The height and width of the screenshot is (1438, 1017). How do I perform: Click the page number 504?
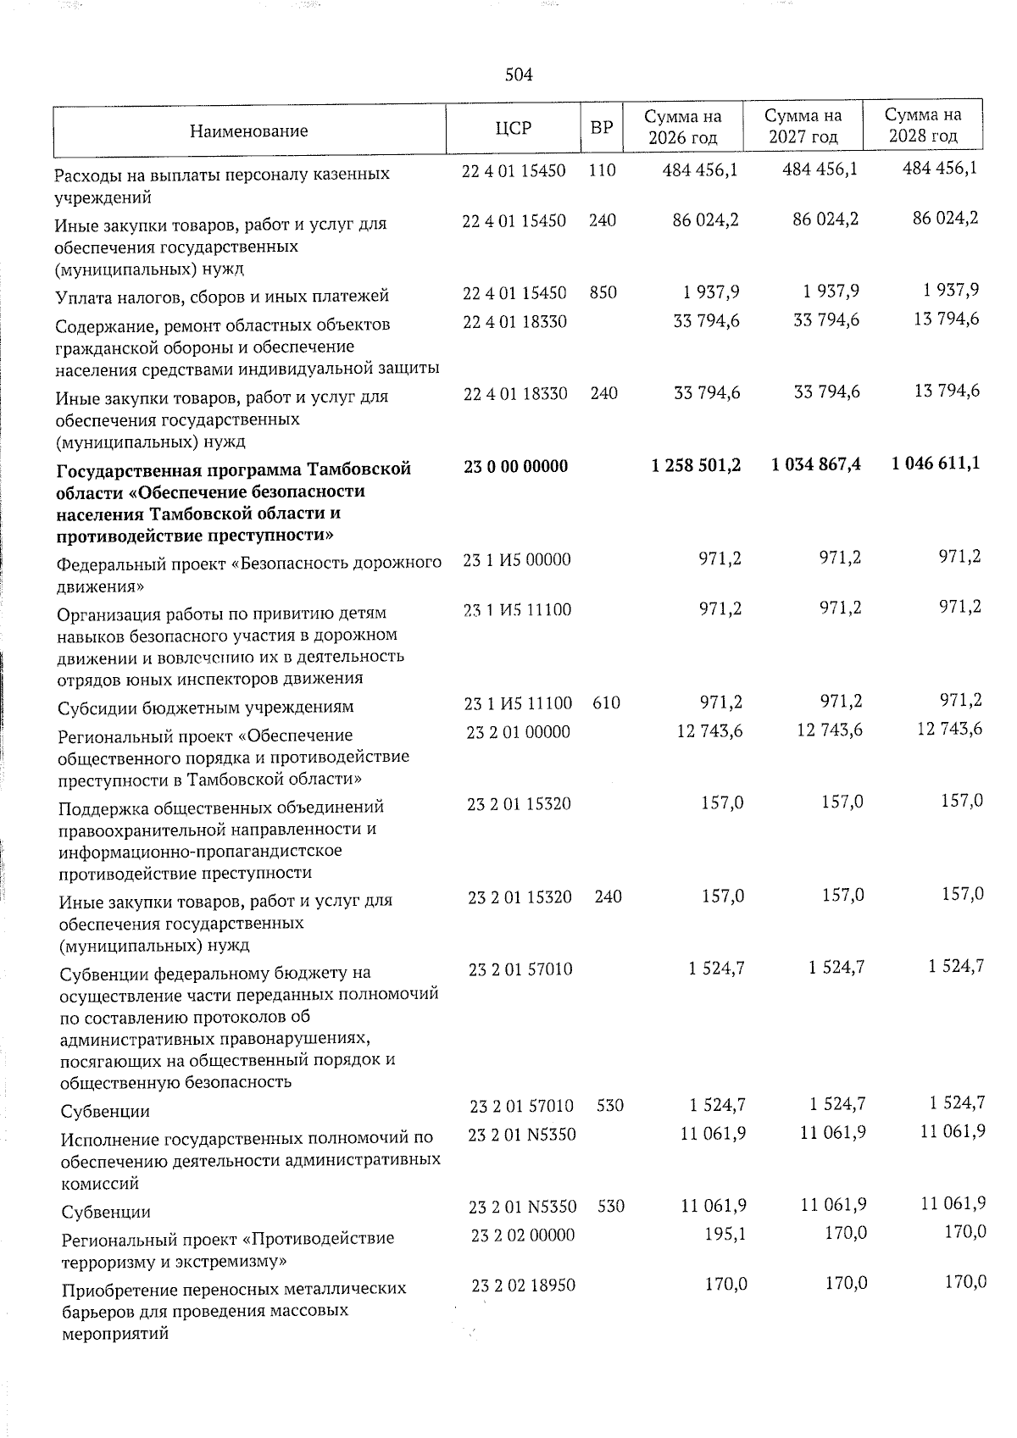tap(518, 75)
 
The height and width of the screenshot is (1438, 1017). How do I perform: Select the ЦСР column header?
tap(513, 128)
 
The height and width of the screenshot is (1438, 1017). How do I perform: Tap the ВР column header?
tap(601, 129)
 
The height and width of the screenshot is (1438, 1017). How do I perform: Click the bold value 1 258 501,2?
tap(697, 465)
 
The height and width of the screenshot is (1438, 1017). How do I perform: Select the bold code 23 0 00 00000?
tap(516, 466)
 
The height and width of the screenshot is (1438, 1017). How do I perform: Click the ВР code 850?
tap(603, 292)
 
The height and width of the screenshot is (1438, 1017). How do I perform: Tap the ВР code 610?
tap(606, 702)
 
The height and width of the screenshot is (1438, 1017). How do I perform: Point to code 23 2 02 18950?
tap(523, 1285)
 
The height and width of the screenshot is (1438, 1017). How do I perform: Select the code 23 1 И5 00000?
tap(517, 559)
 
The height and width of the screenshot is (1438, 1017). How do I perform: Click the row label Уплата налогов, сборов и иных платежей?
tap(221, 297)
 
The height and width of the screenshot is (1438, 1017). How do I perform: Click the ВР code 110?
tap(602, 170)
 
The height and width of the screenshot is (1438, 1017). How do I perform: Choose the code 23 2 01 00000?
tap(518, 731)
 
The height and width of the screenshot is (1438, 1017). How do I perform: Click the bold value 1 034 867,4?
tap(816, 464)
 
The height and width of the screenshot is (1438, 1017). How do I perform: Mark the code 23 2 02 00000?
tap(522, 1235)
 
